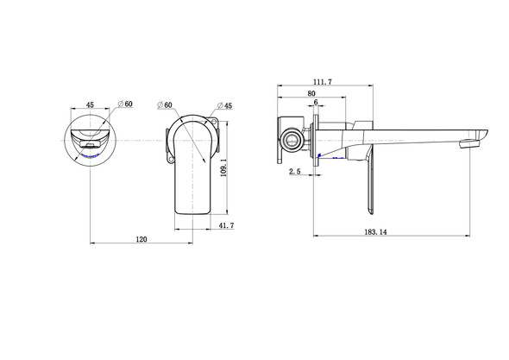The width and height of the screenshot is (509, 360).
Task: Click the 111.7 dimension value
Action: pos(323,82)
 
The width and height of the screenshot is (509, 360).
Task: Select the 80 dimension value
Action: pos(311,93)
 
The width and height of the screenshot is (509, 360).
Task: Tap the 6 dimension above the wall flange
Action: pos(316,102)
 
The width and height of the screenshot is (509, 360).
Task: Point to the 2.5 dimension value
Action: pos(295,172)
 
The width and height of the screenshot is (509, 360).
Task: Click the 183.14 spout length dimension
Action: pos(375,232)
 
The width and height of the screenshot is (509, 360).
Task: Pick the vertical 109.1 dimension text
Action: pos(223,167)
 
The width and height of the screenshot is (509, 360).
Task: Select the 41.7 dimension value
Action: pos(226,225)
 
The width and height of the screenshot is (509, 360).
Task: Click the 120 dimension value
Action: pos(141,239)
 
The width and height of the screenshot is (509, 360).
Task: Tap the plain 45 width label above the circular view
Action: pos(90,104)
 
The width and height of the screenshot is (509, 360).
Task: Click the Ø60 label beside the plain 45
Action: pos(125,104)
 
